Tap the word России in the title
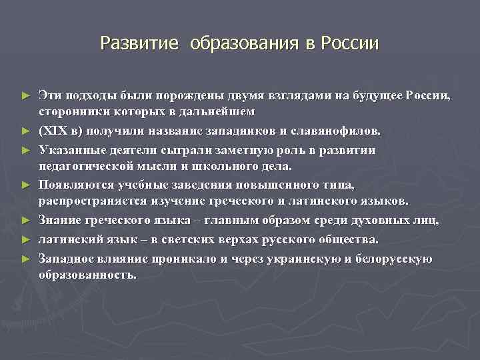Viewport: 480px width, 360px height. [x=350, y=44]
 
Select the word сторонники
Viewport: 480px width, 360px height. [x=71, y=111]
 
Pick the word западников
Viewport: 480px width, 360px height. [x=236, y=129]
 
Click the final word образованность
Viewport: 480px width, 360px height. [x=87, y=274]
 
